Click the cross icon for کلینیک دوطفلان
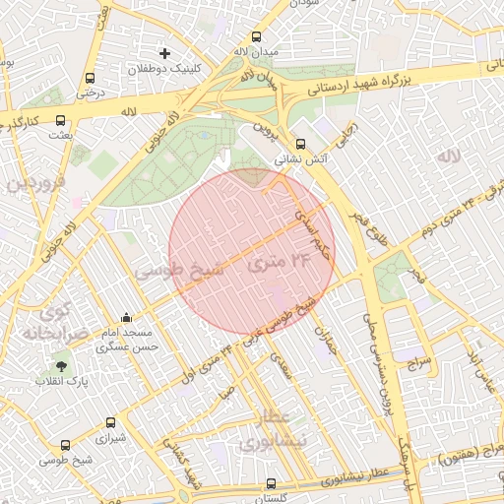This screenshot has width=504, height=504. click(x=164, y=52)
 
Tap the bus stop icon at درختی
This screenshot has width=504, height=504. click(x=90, y=78)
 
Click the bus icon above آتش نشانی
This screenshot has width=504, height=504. click(x=301, y=142)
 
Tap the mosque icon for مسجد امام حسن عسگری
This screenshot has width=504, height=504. click(x=126, y=318)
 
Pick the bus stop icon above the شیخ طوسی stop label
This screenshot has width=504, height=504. click(x=66, y=445)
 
